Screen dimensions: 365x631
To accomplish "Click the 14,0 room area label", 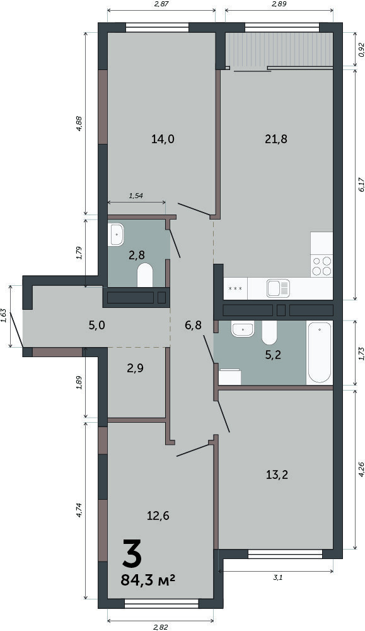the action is [x=163, y=139].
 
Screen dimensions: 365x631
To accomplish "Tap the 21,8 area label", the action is [x=276, y=139].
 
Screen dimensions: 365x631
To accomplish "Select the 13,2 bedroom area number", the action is [x=277, y=475].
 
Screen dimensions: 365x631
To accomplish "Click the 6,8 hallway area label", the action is [x=194, y=325].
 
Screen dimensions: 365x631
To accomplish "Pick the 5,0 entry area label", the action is [x=96, y=325].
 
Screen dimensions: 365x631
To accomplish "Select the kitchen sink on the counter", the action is [x=278, y=288].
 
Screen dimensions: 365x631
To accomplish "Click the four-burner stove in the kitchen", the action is [x=322, y=266].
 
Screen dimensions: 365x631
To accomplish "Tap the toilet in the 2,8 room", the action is [x=145, y=275].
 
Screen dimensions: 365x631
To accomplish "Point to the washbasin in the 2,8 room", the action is [x=116, y=234].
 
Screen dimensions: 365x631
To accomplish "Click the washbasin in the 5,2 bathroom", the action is [x=243, y=329].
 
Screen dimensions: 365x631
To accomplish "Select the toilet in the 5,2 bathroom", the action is [x=269, y=333].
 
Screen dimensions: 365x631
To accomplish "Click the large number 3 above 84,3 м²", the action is [x=131, y=553].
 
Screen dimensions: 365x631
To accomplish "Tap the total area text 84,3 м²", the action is [x=148, y=581].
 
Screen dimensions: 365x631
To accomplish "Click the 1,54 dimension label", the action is [x=136, y=196].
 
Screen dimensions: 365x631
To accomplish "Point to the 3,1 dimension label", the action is [x=278, y=577].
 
